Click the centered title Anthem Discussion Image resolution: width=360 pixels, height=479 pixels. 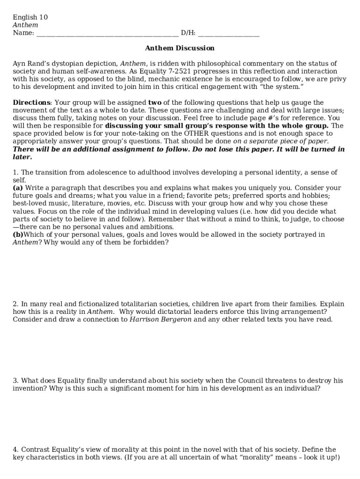[x=180, y=48]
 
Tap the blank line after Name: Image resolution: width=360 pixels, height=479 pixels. [x=107, y=33]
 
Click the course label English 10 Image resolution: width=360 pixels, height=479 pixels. [x=30, y=18]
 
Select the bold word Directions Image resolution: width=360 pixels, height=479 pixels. [x=31, y=103]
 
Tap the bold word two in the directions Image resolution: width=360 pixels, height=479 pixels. [x=154, y=103]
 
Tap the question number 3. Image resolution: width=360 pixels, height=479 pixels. [x=15, y=381]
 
